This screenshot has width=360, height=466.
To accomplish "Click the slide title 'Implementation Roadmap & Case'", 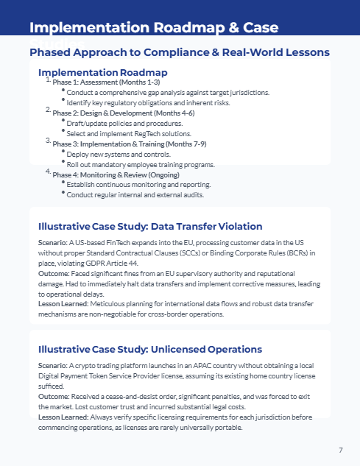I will (153, 28).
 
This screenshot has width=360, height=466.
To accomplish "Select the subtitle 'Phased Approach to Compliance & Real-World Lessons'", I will (179, 53).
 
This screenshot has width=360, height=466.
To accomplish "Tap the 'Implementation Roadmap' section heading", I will (102, 72).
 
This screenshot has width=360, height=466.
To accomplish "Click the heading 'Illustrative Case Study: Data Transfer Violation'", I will (149, 226).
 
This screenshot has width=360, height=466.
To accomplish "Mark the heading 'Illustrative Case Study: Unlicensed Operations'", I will (149, 349).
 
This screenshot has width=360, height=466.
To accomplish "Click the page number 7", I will (340, 450).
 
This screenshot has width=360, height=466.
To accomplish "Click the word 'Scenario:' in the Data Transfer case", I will (52, 241).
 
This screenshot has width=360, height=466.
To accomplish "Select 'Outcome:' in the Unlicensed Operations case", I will (54, 395).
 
